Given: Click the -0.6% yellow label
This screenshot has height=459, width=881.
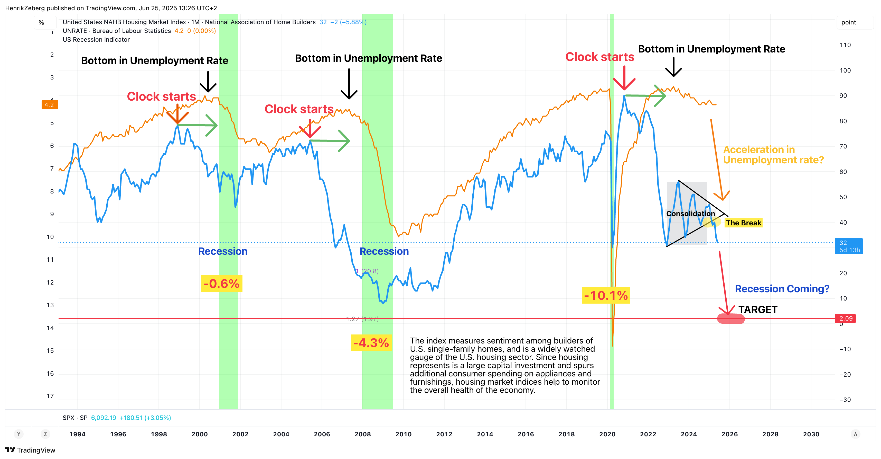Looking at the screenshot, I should (x=222, y=284).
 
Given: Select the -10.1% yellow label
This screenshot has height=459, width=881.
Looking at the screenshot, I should (x=606, y=296).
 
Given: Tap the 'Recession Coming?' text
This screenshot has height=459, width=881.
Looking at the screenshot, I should (x=782, y=289).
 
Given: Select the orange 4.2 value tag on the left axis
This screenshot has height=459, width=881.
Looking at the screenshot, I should (x=49, y=105).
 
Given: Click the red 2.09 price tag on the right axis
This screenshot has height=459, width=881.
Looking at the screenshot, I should (x=846, y=319).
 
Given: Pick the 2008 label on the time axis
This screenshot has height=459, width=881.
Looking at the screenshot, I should (x=362, y=434).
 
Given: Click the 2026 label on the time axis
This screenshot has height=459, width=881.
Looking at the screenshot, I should (x=729, y=434).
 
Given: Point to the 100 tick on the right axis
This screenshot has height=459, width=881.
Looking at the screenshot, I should (x=845, y=70).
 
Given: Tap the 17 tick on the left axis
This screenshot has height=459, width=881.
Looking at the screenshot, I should (x=50, y=396).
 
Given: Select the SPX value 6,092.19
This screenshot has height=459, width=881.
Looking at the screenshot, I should (x=103, y=418).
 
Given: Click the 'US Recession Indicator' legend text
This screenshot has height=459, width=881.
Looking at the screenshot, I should (x=96, y=40).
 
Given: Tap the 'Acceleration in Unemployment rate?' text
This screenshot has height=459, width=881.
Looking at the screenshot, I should (x=773, y=155).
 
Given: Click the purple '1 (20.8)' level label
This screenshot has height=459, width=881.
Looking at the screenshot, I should (x=367, y=271).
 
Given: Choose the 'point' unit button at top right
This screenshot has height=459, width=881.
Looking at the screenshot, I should (x=849, y=23).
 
